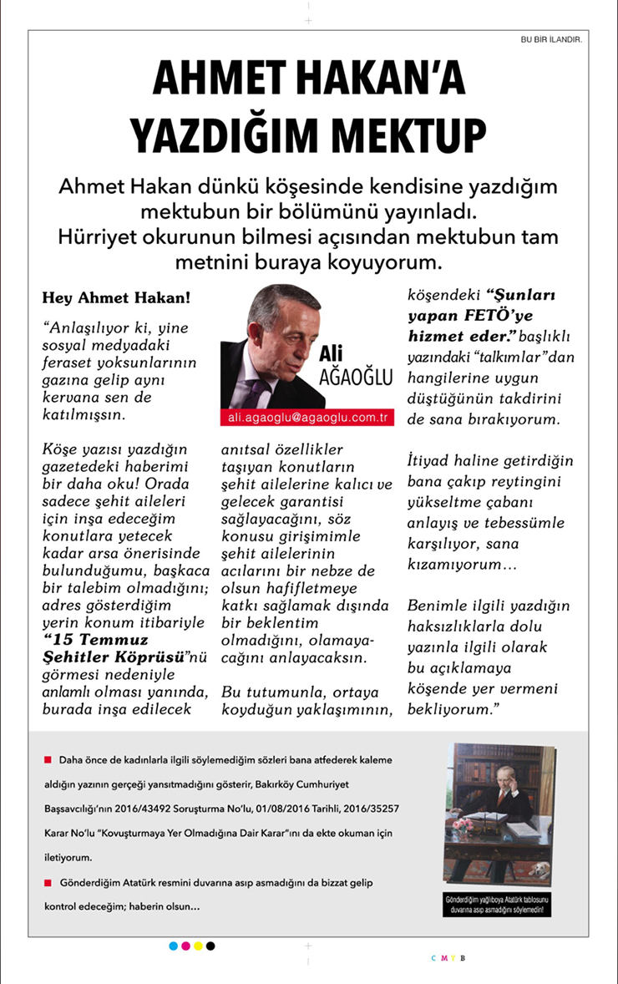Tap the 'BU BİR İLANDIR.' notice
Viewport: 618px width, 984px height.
[x=550, y=38]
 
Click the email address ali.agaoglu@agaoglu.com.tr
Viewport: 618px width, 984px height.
[x=306, y=416]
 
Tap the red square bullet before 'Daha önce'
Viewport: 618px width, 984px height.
[x=48, y=760]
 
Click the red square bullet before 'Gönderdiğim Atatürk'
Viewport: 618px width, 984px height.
[x=48, y=882]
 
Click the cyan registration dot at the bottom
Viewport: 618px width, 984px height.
[x=174, y=946]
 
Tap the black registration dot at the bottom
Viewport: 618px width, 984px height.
[x=210, y=946]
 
